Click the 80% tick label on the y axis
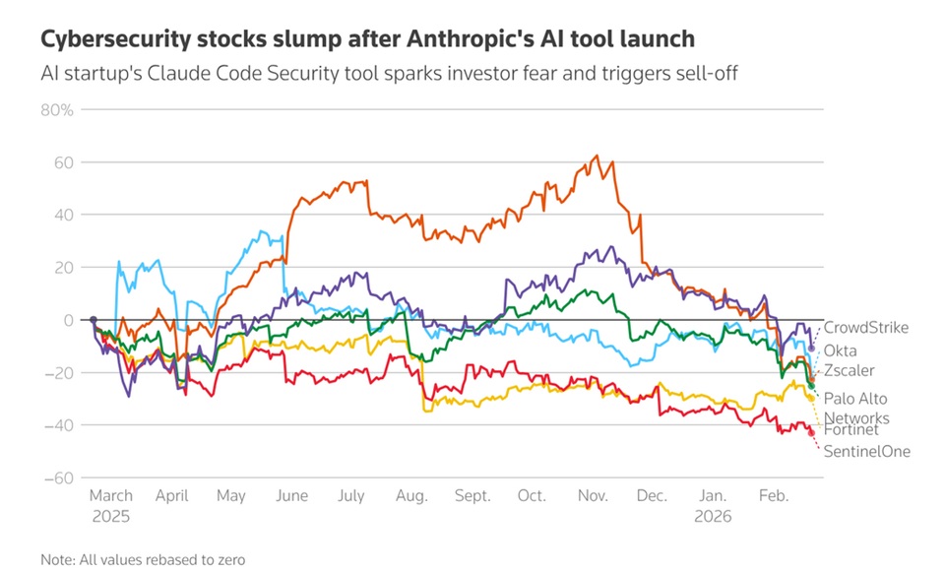[57, 109]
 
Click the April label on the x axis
[172, 497]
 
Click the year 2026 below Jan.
[714, 515]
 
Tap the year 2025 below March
[110, 515]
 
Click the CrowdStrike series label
[865, 328]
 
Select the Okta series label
[840, 350]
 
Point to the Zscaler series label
[849, 370]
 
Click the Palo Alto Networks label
[855, 409]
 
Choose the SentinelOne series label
[867, 451]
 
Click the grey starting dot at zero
[93, 320]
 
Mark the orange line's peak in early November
[596, 156]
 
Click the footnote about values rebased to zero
[143, 558]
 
